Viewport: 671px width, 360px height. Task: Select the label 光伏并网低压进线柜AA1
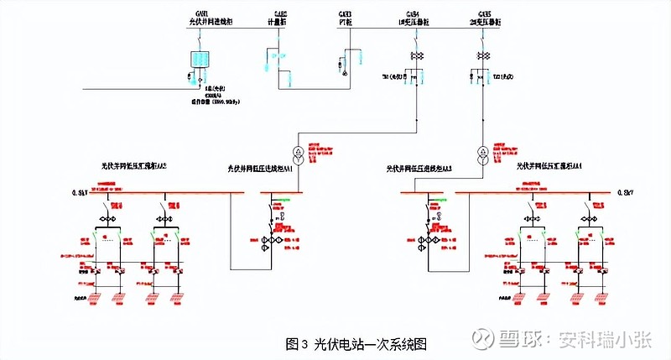pyautogui.click(x=261, y=169)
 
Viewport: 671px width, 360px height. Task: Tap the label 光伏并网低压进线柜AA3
pyautogui.click(x=419, y=169)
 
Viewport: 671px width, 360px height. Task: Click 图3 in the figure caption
pyautogui.click(x=298, y=342)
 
